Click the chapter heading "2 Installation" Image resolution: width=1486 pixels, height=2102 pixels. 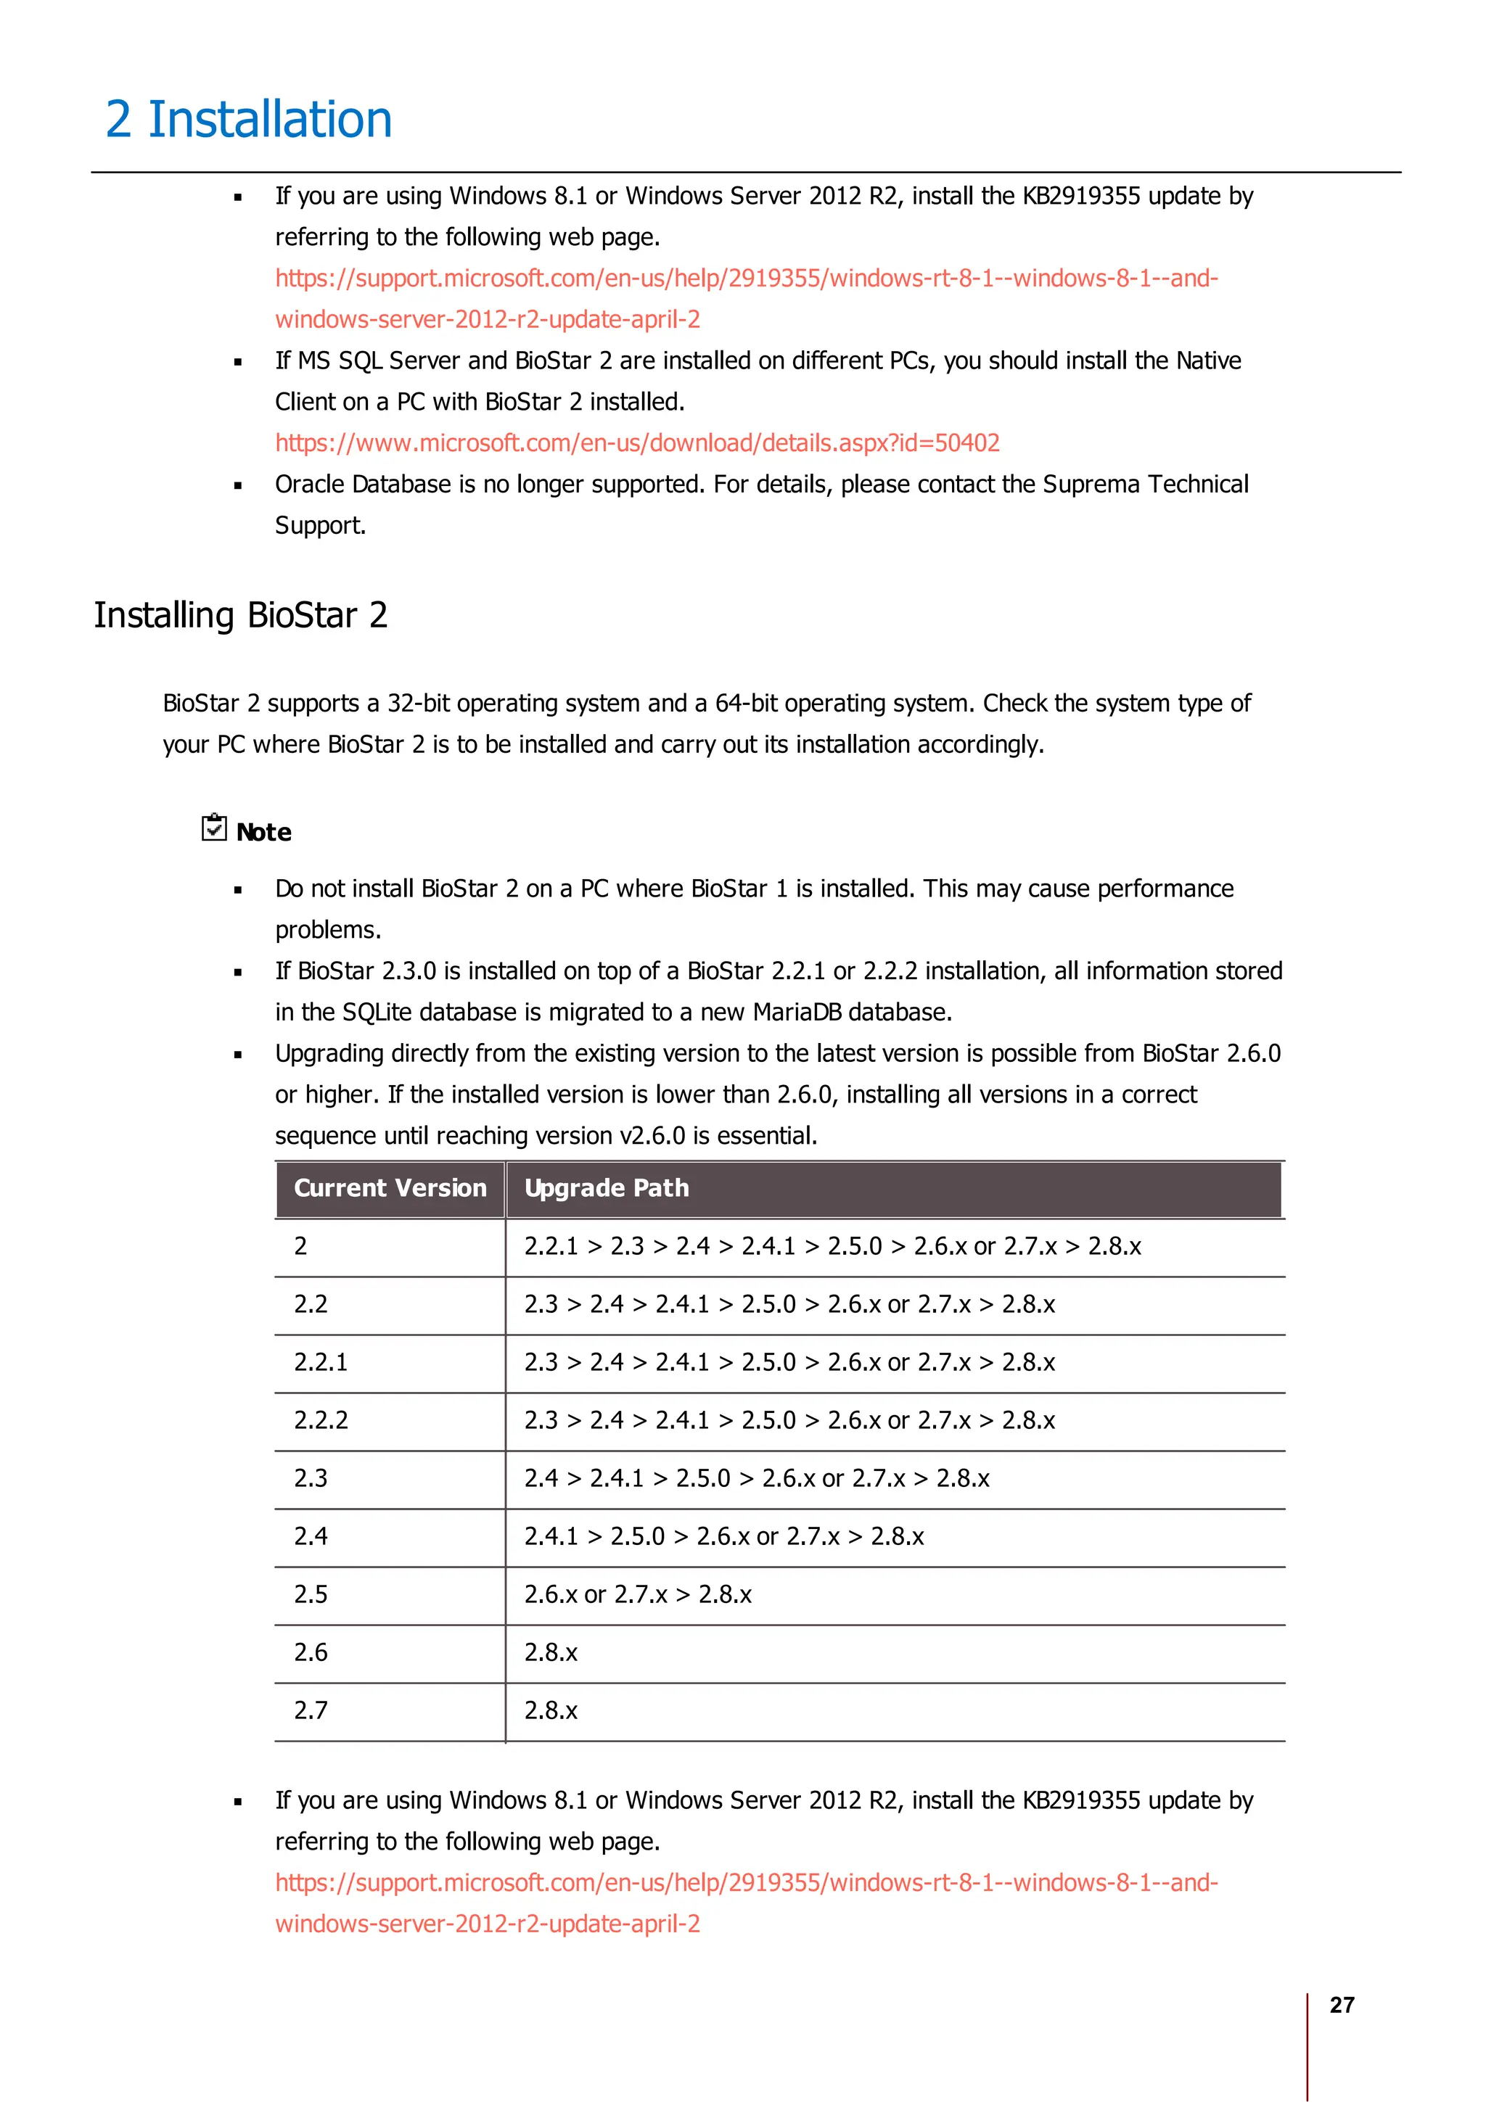tap(249, 120)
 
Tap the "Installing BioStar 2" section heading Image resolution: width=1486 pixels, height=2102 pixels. tap(241, 615)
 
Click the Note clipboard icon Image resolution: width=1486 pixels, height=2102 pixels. tap(213, 828)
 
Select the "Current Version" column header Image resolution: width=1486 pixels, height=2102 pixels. tap(390, 1188)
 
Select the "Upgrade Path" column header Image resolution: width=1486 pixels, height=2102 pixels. tap(606, 1188)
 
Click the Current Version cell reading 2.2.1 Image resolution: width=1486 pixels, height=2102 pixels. tap(321, 1362)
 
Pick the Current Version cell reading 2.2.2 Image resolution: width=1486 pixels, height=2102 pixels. tap(321, 1420)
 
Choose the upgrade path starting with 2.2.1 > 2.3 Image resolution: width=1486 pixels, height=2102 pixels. tap(832, 1246)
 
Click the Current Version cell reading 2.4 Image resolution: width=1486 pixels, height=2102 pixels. tap(311, 1536)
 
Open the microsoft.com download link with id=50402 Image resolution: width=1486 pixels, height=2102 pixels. tap(637, 443)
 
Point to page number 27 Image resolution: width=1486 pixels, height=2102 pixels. tap(1342, 2005)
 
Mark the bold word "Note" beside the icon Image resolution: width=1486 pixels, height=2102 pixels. tap(263, 832)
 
